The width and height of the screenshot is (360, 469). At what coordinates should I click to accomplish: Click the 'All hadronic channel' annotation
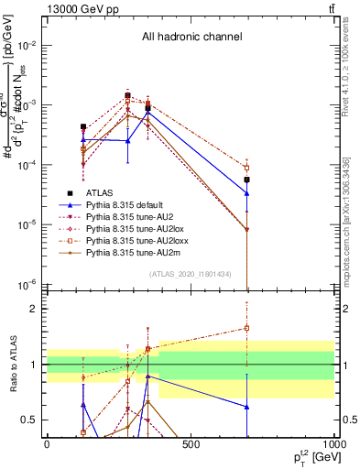pyautogui.click(x=191, y=38)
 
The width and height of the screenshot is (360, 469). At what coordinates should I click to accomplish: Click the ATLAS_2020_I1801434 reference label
pyautogui.click(x=190, y=274)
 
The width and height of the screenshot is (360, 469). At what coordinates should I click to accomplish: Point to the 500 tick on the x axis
pyautogui.click(x=191, y=445)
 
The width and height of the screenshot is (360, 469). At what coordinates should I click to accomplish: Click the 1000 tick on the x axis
pyautogui.click(x=333, y=445)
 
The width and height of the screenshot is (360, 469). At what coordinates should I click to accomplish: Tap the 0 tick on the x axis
pyautogui.click(x=47, y=445)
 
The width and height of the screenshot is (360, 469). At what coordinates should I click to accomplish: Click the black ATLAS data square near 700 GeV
pyautogui.click(x=247, y=180)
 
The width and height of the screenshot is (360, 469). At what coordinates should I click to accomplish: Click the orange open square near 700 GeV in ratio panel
pyautogui.click(x=247, y=328)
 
